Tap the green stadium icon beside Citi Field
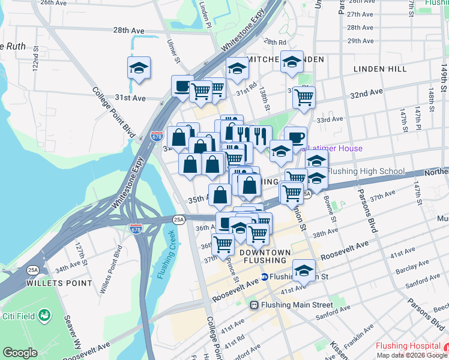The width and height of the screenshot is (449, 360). [x=44, y=314]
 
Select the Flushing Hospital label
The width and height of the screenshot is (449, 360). [x=408, y=346]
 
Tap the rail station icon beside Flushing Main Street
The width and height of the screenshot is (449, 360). [x=255, y=305]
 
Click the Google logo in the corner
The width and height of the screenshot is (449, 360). [x=20, y=353]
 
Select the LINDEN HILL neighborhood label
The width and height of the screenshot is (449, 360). [x=380, y=69]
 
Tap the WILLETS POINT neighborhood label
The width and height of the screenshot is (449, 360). [x=53, y=281]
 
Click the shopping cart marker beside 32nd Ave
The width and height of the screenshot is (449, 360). [x=304, y=97]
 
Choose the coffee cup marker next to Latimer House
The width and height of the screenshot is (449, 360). [x=295, y=138]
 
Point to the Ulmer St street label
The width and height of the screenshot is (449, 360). [x=174, y=52]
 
